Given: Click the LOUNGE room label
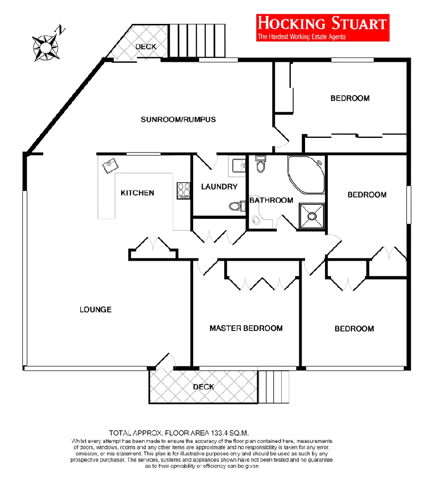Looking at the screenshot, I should click(x=96, y=309).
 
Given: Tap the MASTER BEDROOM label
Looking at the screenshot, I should click(x=246, y=328).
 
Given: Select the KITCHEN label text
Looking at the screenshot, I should click(x=138, y=193).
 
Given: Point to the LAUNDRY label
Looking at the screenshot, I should click(x=219, y=187).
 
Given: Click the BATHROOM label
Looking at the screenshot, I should click(x=271, y=200).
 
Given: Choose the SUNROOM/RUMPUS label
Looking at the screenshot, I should click(x=178, y=120).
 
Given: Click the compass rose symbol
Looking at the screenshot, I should click(x=46, y=45).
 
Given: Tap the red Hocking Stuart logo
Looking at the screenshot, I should click(x=323, y=27).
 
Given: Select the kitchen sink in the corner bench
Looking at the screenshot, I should click(x=110, y=166).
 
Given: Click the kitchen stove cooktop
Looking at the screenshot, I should click(x=183, y=191).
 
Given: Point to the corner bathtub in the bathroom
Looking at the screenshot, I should click(x=305, y=174).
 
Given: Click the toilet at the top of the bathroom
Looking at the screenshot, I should click(x=260, y=165).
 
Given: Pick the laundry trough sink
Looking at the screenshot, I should click(x=238, y=166).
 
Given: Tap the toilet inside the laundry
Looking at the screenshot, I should click(x=236, y=207).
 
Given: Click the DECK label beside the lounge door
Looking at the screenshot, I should click(x=203, y=387).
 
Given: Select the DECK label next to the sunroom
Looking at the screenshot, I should click(x=146, y=47).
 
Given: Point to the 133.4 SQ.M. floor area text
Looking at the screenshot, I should click(x=179, y=433).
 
